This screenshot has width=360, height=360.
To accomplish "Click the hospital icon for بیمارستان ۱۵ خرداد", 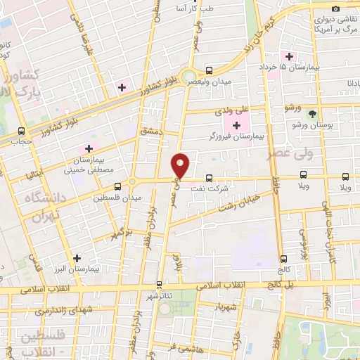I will pyautogui.click(x=288, y=56).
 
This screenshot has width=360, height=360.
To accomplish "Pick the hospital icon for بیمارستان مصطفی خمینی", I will pyautogui.click(x=89, y=148).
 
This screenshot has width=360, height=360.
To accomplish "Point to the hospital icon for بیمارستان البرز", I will pyautogui.click(x=77, y=257).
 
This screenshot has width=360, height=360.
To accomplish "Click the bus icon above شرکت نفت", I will pyautogui.click(x=208, y=178).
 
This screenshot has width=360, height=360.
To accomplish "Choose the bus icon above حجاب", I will pyautogui.click(x=22, y=131).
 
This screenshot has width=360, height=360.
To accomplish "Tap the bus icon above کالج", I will pyautogui.click(x=283, y=258).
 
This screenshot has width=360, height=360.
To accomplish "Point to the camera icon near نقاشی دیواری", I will pyautogui.click(x=335, y=8).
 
